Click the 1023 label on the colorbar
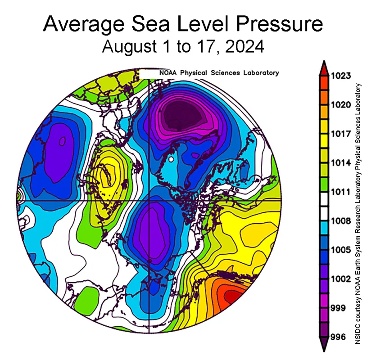point(341,76)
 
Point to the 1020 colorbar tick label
point(341,105)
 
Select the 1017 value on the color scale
point(341,134)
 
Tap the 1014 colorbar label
point(341,162)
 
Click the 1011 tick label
point(341,192)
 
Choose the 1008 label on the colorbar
point(341,221)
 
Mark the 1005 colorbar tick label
point(341,250)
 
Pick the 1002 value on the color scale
point(341,279)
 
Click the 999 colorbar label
point(339,308)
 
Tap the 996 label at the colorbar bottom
point(339,337)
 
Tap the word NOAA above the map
point(168,72)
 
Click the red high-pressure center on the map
point(232,297)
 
